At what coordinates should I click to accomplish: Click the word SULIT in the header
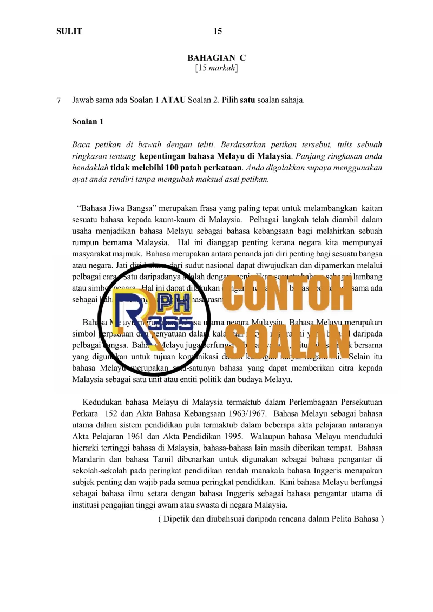[x=69, y=31]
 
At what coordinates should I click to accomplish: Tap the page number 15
[x=218, y=31]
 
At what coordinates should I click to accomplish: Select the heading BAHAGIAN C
[x=216, y=58]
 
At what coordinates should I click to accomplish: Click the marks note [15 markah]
[x=216, y=68]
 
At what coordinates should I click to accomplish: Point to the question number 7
[x=58, y=101]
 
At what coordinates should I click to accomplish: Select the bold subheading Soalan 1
[x=88, y=122]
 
